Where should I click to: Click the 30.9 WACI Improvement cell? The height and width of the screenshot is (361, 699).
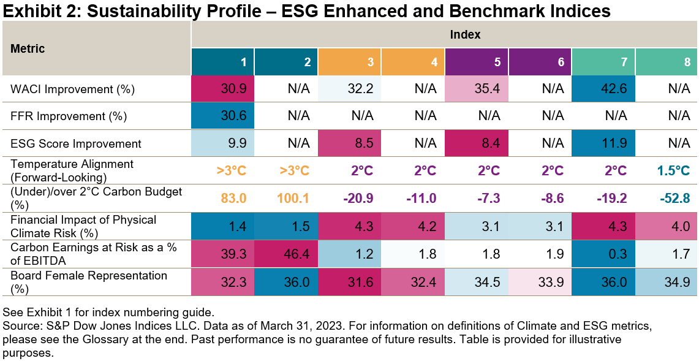point(223,89)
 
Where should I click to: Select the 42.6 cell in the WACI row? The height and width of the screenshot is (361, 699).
point(603,89)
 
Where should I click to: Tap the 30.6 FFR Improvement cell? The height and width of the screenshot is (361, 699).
point(223,116)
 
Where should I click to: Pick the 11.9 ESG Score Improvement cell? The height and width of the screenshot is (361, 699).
point(603,143)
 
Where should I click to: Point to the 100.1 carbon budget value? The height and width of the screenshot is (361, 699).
point(286,199)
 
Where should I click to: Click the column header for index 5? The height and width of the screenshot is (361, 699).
point(477,62)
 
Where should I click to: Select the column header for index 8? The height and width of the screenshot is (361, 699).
point(667,62)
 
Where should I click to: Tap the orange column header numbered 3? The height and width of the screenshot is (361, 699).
point(350,62)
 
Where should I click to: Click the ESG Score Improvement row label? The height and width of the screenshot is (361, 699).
point(76,143)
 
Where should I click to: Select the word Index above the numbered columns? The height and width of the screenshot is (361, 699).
point(445,35)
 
